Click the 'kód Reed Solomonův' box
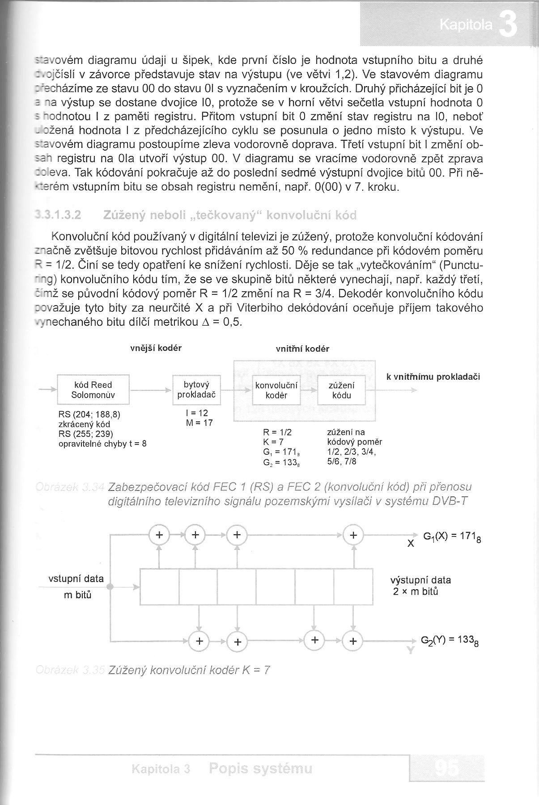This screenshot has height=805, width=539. (93, 390)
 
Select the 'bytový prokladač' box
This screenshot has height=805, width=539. (196, 390)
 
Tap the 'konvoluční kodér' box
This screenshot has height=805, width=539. (276, 390)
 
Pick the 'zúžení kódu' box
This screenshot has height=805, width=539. (341, 390)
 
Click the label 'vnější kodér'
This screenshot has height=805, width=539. (156, 348)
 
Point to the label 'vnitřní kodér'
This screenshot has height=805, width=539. (302, 349)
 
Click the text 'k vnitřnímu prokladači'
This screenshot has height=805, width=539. (433, 377)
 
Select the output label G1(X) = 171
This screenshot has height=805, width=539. (452, 536)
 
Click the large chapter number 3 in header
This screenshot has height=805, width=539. (508, 26)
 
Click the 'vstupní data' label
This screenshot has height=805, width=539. (76, 579)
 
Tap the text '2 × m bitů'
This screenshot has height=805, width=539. (416, 592)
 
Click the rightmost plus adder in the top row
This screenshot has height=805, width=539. (353, 535)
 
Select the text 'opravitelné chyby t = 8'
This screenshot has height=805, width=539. (102, 444)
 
